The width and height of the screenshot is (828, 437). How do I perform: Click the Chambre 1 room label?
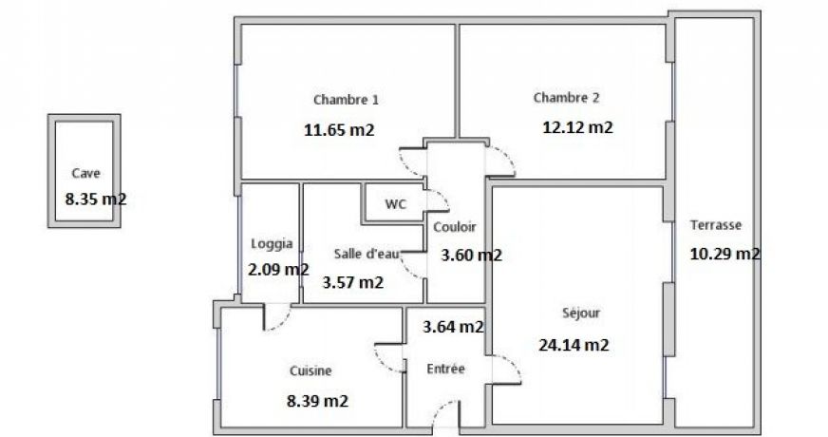346,100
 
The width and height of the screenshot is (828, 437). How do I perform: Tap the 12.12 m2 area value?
577,127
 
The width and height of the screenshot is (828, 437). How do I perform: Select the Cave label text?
86,173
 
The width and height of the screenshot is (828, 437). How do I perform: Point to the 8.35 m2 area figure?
96,199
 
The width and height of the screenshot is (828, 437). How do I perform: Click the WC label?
395,204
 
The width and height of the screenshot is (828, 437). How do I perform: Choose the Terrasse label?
716,225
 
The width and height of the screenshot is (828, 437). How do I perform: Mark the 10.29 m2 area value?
725,254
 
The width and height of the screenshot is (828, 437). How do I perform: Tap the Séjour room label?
581,313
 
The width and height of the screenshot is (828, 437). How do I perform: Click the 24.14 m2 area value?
574,345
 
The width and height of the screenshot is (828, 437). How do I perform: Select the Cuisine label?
310,370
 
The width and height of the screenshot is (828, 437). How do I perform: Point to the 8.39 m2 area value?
317,401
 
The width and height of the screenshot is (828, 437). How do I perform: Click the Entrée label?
445,369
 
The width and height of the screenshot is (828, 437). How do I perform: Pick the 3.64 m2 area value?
453,327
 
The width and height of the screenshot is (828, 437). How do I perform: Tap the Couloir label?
455,227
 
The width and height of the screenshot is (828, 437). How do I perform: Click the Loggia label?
272,243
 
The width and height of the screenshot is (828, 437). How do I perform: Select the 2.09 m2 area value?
278,270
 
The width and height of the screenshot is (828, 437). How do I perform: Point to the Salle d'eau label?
367,254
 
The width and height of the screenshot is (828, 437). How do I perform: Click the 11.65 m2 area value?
339,129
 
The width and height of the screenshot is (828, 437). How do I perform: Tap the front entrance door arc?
440,408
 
